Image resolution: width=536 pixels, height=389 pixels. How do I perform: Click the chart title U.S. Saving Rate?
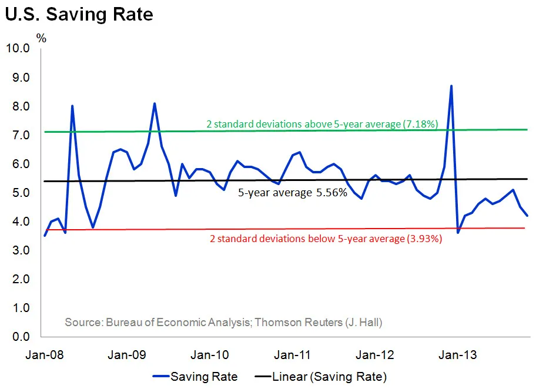[79, 14]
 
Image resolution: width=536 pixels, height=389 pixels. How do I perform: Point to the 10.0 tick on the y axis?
[17, 48]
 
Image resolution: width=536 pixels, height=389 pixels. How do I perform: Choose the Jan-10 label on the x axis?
[210, 355]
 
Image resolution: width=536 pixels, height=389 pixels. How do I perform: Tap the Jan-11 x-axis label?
[293, 355]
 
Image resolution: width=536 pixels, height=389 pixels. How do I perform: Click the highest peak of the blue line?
[451, 86]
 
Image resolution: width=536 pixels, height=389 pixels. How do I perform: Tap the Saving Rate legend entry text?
[204, 376]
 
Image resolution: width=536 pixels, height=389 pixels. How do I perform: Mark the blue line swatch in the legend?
[159, 376]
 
